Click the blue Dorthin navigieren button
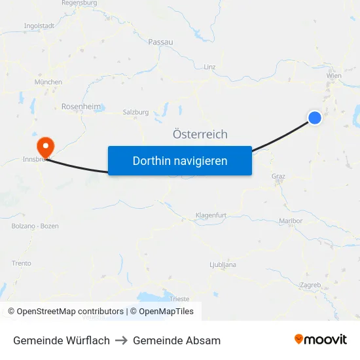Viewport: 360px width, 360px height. [x=179, y=160]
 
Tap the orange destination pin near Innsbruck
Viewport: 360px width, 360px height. [x=46, y=145]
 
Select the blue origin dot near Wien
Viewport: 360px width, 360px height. [x=315, y=117]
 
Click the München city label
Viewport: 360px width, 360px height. [x=48, y=82]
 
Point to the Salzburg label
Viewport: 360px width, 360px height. [x=135, y=112]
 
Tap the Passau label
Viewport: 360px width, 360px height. [x=160, y=42]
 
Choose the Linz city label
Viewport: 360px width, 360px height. [x=209, y=67]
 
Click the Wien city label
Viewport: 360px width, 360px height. [x=333, y=76]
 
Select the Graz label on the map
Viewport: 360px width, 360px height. [x=278, y=176]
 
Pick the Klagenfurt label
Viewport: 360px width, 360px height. [x=211, y=215]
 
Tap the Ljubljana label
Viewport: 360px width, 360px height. [x=223, y=264]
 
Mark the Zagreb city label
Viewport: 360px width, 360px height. [x=310, y=285]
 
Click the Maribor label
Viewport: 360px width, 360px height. [x=291, y=221]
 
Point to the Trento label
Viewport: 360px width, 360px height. [x=21, y=263]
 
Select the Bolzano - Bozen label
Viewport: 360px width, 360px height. [x=35, y=226]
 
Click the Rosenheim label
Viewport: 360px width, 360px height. [x=81, y=106]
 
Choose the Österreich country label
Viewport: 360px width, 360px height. [x=200, y=134]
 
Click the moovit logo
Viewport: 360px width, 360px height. [x=320, y=340]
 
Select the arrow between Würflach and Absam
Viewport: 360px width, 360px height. [x=121, y=340]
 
